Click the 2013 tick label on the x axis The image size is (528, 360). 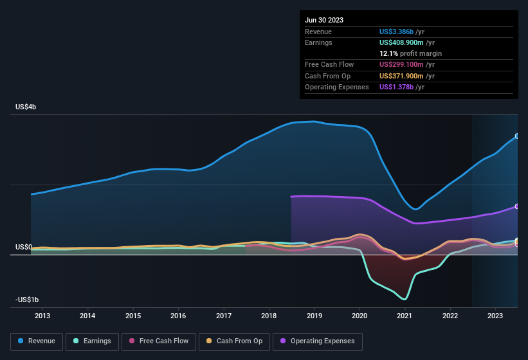42,316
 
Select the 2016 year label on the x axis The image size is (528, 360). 178,316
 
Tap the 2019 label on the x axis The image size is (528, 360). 314,316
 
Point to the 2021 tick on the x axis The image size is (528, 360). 405,316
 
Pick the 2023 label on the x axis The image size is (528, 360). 495,316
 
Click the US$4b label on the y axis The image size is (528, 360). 26,107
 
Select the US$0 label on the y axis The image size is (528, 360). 24,248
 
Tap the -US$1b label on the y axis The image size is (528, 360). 26,300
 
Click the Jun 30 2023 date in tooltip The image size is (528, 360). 324,20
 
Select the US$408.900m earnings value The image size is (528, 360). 405,42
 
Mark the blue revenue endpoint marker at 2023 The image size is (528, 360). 517,136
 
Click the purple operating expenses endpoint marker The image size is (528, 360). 517,206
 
